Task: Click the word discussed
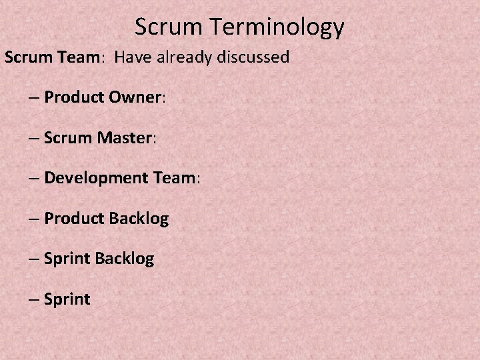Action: (256, 57)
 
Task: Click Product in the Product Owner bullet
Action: (73, 98)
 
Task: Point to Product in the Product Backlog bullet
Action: (73, 219)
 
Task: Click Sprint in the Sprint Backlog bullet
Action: (67, 259)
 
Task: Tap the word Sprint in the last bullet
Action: (67, 299)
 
